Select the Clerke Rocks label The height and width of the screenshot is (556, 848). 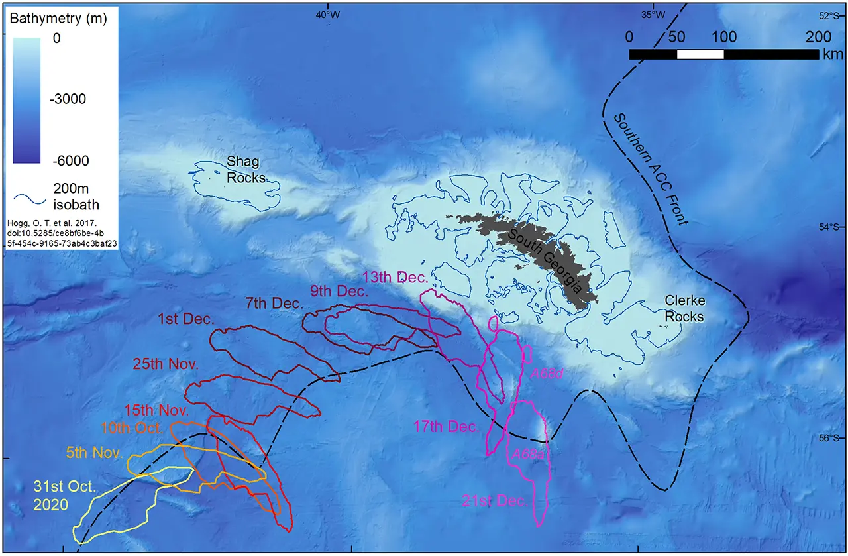point(684,309)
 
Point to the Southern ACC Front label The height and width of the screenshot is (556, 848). point(651,168)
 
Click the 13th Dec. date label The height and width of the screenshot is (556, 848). point(391,276)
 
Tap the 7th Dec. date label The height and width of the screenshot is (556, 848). point(275,304)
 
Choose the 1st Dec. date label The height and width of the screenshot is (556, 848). point(186,319)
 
